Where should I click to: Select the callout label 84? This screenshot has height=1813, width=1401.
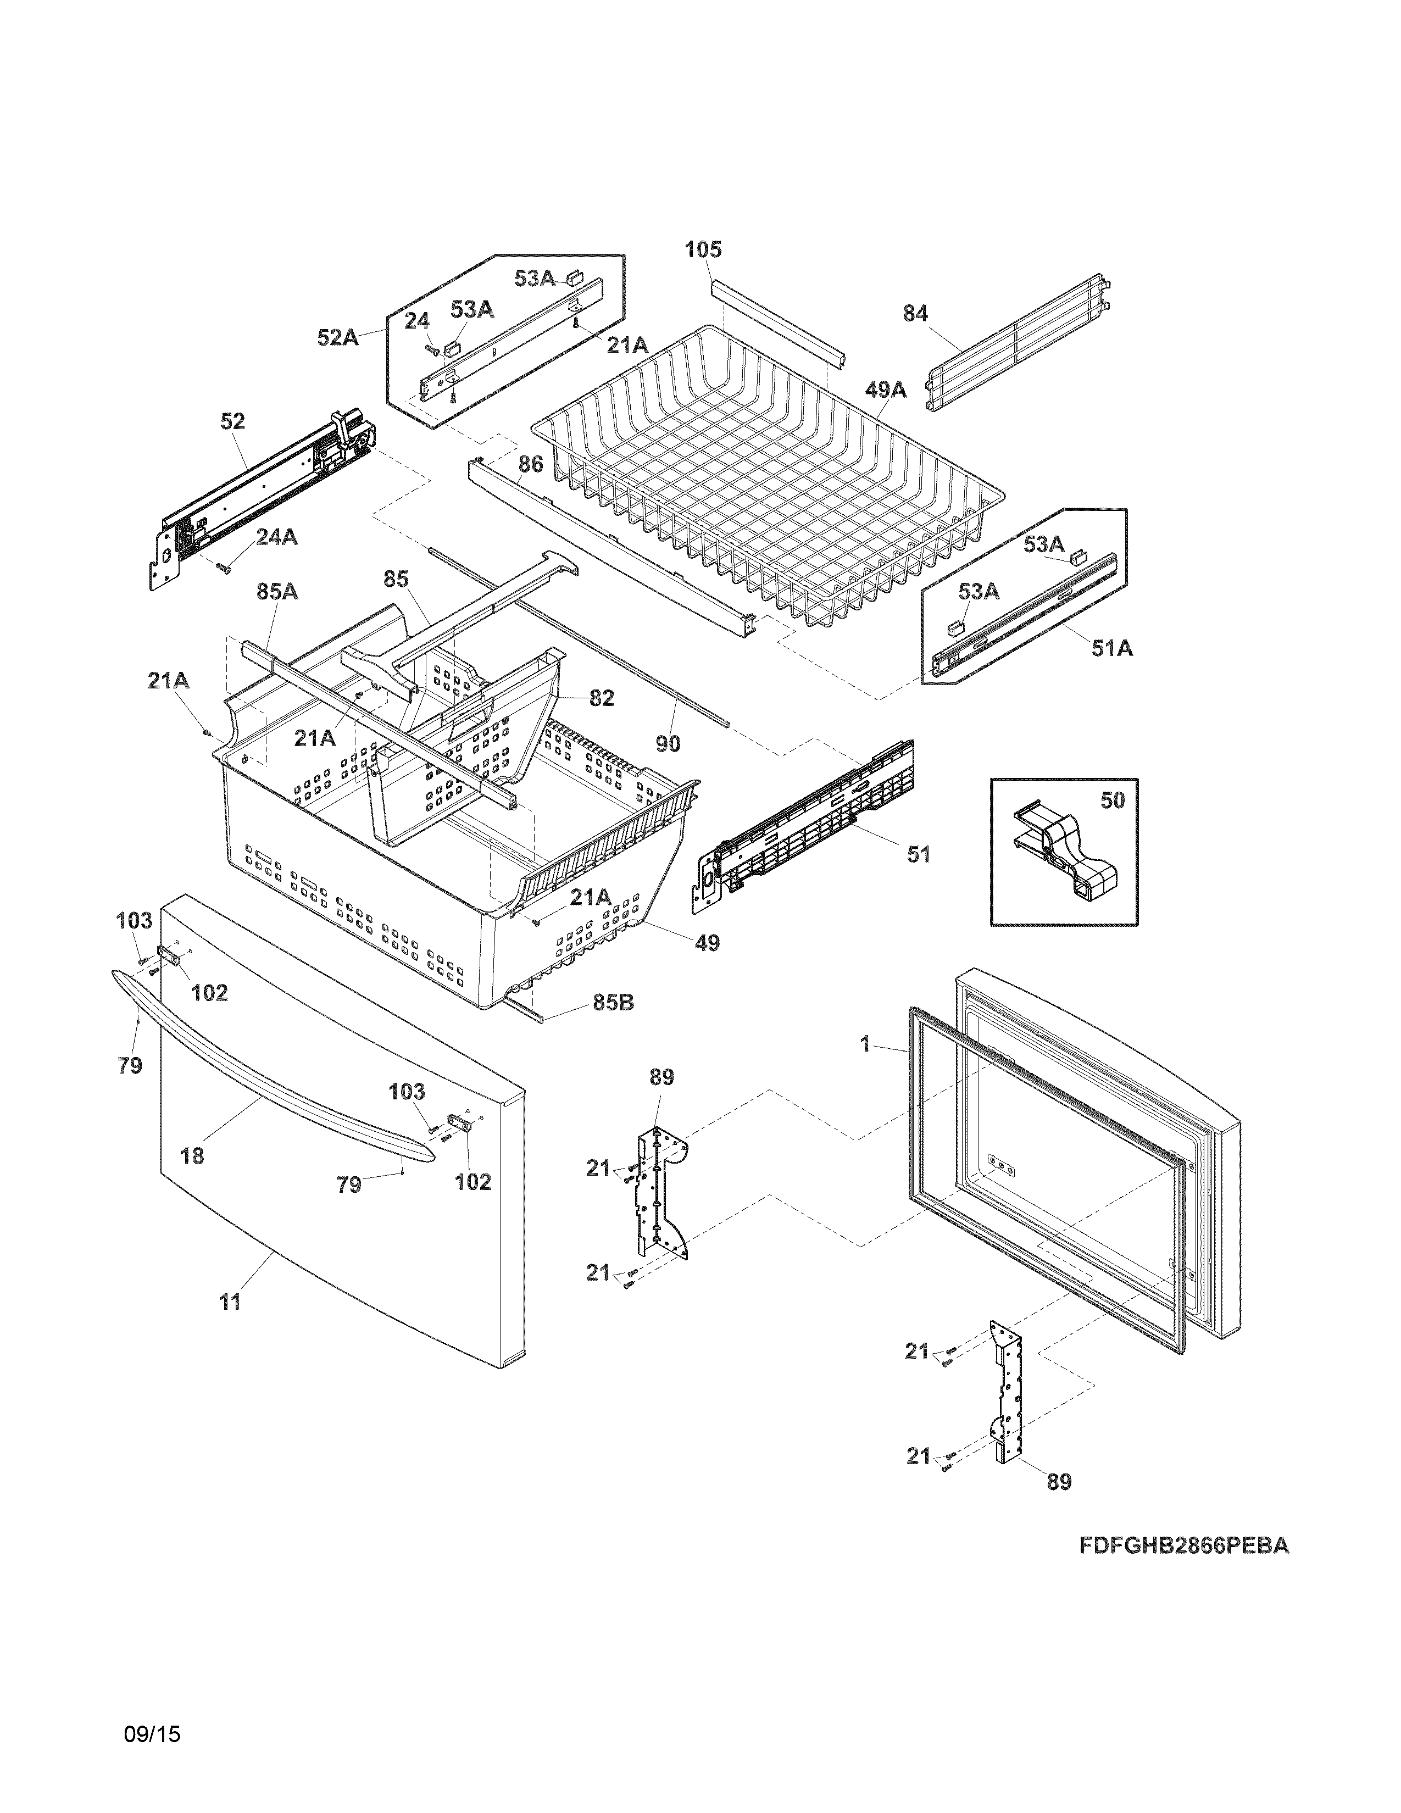point(915,314)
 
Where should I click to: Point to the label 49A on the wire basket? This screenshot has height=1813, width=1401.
point(886,390)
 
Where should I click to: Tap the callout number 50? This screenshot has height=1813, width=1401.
point(1112,800)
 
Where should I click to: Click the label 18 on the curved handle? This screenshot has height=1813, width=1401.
point(192,1155)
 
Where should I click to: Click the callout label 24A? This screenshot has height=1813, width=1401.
point(276,537)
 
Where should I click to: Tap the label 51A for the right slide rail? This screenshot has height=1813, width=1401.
point(1111,648)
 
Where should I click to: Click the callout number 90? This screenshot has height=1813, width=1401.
point(668,744)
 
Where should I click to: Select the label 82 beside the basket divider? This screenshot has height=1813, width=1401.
point(602,698)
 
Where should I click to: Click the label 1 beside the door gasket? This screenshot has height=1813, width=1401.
point(865,1044)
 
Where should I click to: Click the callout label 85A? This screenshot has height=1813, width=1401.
point(277,592)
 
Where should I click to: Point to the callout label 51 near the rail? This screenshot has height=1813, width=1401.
point(918,854)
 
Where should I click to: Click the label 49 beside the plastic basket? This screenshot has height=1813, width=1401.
point(707,943)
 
